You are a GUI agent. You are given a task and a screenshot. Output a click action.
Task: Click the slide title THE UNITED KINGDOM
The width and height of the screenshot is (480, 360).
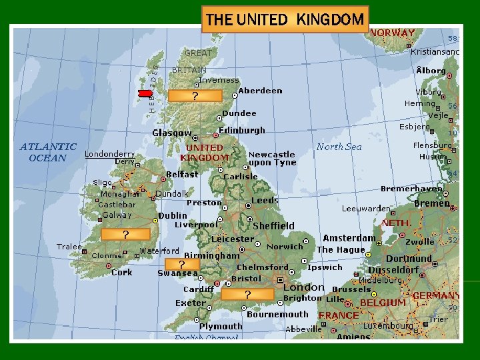(x=285, y=19)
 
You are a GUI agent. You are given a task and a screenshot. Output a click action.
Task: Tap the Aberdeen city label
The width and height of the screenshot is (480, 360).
(x=260, y=91)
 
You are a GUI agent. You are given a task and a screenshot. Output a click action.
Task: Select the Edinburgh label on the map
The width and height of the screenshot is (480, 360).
(x=242, y=131)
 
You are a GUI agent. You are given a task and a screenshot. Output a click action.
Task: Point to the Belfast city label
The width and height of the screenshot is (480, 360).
(x=182, y=175)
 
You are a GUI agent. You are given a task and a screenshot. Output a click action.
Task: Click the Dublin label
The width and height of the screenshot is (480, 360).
(x=173, y=216)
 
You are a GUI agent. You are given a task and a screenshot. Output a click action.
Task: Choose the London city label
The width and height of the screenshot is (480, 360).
(x=303, y=287)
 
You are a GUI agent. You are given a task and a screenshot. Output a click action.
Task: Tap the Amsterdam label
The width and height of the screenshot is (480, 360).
(x=349, y=238)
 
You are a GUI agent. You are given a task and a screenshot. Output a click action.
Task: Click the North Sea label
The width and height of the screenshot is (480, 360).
(x=339, y=147)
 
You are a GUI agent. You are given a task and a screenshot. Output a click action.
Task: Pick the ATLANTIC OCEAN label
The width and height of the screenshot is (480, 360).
(x=48, y=152)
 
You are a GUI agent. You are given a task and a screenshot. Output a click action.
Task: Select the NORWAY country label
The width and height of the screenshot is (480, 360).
(x=392, y=32)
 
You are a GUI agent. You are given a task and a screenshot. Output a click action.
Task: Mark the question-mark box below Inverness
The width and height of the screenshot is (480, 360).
(x=195, y=96)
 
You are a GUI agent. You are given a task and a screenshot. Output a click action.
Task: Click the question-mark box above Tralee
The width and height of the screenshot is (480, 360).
(x=125, y=234)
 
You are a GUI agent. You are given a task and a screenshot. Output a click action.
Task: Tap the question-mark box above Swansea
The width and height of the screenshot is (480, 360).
(x=181, y=264)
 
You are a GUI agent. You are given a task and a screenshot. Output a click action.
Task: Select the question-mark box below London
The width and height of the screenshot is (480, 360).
(x=247, y=295)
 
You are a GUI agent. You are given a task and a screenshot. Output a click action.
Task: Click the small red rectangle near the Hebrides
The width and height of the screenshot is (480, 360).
(x=145, y=93)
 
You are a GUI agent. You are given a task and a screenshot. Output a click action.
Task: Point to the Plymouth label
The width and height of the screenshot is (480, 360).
(x=221, y=326)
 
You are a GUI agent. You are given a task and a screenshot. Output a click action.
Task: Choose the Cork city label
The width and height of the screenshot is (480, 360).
(x=122, y=272)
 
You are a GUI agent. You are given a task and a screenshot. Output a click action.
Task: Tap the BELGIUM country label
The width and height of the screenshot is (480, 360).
(x=383, y=303)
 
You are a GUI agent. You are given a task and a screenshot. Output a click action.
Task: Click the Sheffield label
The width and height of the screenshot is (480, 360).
(x=273, y=226)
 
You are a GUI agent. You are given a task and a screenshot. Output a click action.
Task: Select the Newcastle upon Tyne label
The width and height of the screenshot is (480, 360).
(x=272, y=159)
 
